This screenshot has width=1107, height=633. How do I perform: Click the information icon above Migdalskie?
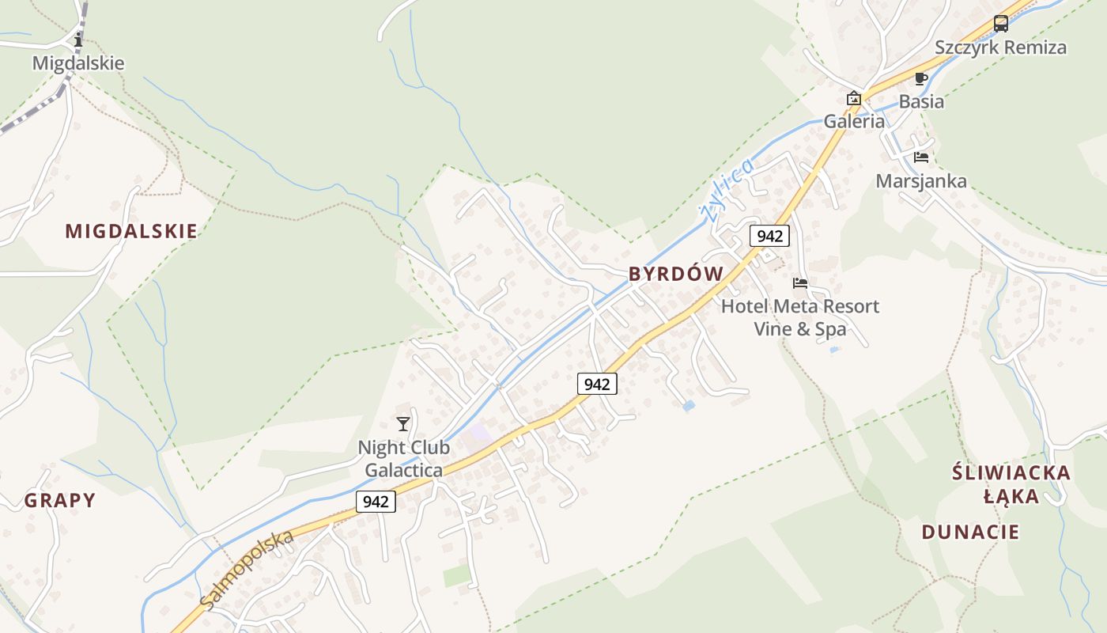77,40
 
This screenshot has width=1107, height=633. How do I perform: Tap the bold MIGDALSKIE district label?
130,231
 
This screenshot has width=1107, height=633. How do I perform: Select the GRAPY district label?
59,500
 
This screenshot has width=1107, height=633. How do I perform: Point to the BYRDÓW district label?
675,274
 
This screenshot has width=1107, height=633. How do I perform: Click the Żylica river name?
724,191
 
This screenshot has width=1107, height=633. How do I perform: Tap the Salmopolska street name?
246,570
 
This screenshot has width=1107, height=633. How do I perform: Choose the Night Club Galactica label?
403,458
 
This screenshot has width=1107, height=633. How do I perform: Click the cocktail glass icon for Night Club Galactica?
403,424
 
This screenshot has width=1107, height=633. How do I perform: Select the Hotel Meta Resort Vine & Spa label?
799,316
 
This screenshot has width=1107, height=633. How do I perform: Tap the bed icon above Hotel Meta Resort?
800,282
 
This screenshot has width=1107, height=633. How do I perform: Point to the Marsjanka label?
920,180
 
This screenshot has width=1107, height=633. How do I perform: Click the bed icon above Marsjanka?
920,157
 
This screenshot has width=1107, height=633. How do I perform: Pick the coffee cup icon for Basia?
920,78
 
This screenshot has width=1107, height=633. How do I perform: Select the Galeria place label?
854,122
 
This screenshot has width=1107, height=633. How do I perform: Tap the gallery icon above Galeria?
854,99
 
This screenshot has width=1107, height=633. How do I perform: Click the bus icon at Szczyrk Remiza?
1000,24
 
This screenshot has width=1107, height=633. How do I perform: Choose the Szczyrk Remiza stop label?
1000,47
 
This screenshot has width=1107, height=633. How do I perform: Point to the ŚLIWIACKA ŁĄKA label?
1011,484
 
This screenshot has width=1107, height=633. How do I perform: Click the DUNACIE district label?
970,532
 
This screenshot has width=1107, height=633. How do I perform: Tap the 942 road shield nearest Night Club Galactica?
376,502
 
